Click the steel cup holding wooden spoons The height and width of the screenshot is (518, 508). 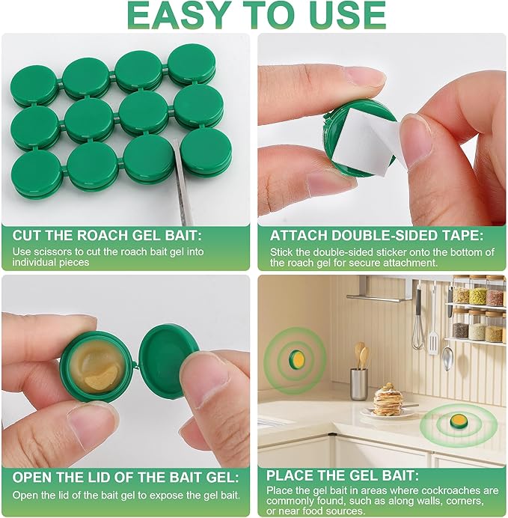[x=359, y=383]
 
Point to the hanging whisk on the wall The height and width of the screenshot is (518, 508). [x=417, y=322]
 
